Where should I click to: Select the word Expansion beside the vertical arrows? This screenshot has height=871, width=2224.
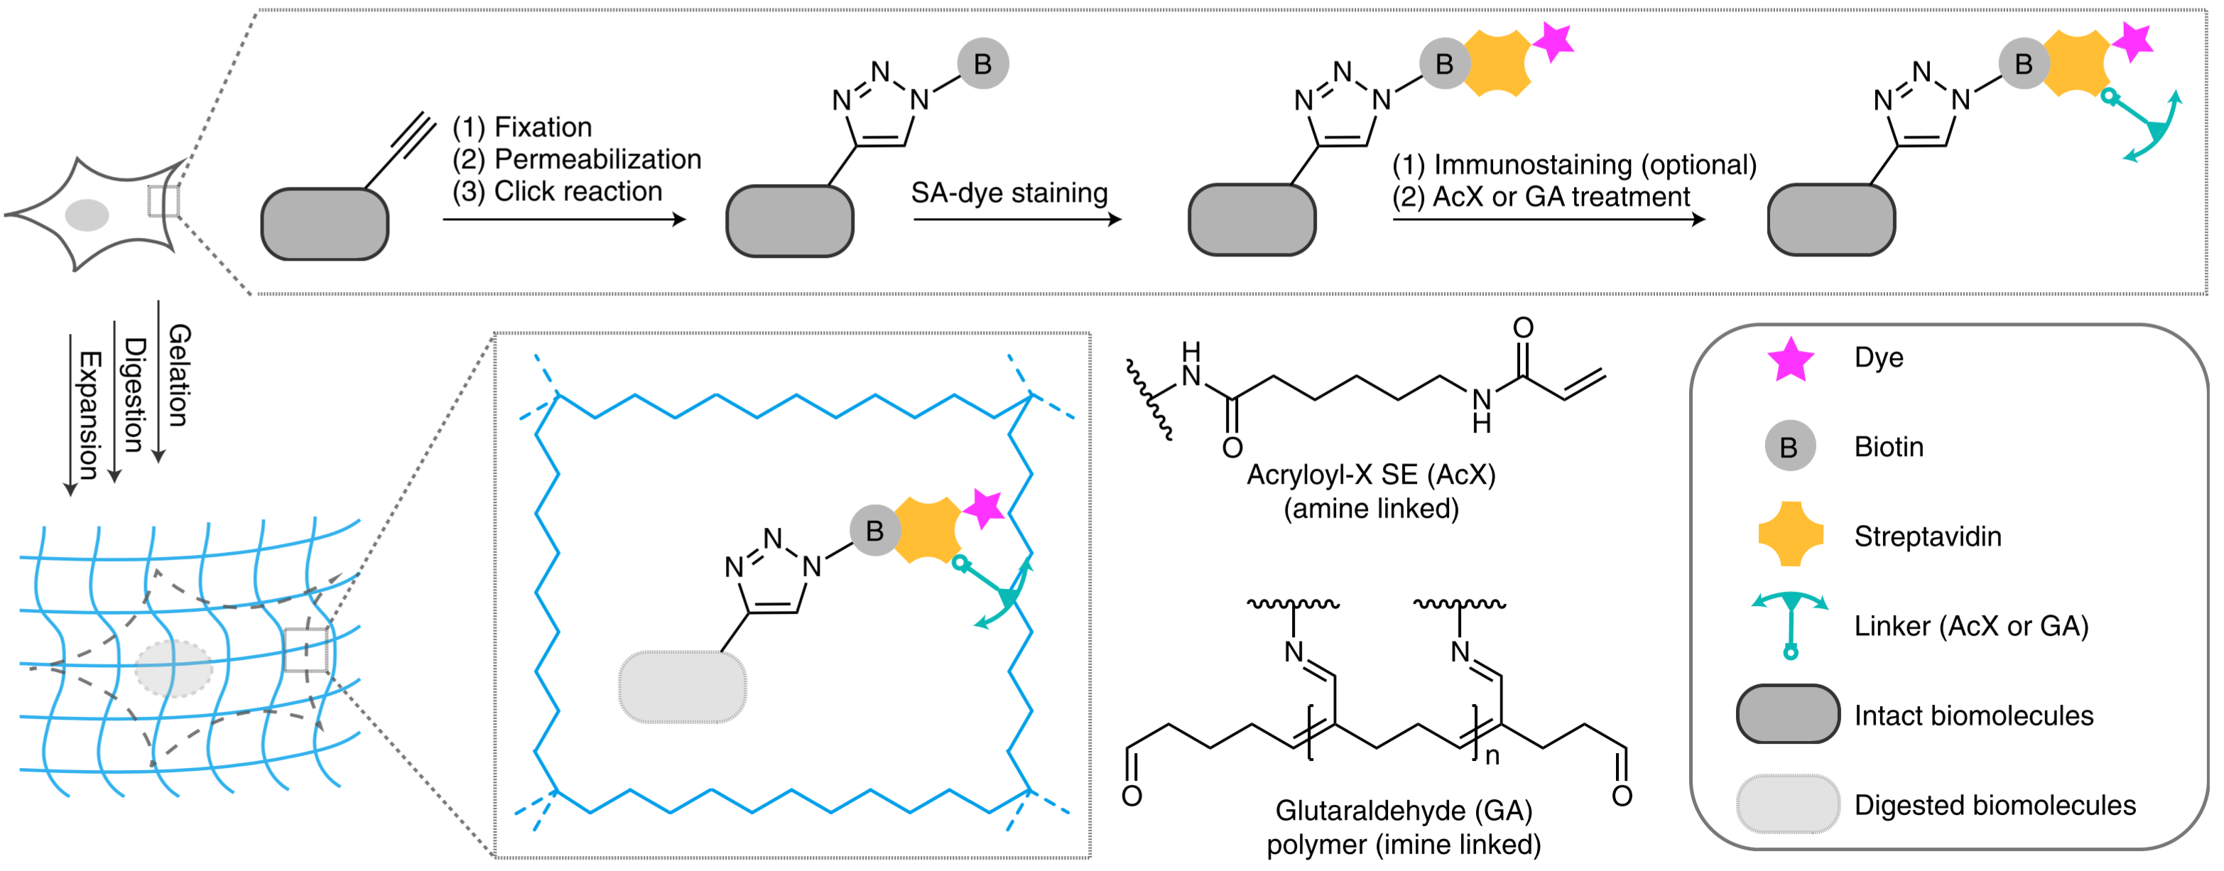pyautogui.click(x=89, y=414)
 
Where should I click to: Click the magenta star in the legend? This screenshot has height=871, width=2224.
pyautogui.click(x=1791, y=359)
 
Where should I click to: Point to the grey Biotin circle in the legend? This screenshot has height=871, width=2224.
pyautogui.click(x=1790, y=446)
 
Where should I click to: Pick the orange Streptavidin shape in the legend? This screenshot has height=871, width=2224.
pyautogui.click(x=1791, y=534)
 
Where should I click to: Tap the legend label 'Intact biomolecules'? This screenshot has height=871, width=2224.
pyautogui.click(x=1974, y=715)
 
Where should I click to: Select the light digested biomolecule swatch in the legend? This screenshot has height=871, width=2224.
pyautogui.click(x=1788, y=804)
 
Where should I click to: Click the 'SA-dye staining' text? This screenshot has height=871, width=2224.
pyautogui.click(x=1009, y=193)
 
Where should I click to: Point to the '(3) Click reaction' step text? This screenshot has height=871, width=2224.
pyautogui.click(x=557, y=191)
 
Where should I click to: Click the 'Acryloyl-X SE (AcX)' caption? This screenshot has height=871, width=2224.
pyautogui.click(x=1371, y=474)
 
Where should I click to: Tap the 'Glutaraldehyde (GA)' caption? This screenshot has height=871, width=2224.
pyautogui.click(x=1404, y=810)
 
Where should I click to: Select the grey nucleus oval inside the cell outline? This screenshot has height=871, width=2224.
pyautogui.click(x=87, y=215)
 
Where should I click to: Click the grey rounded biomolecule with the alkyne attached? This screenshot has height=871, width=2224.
pyautogui.click(x=325, y=224)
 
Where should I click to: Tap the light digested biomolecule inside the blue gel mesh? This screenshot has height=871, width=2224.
pyautogui.click(x=682, y=686)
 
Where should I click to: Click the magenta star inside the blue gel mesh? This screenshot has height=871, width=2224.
pyautogui.click(x=982, y=509)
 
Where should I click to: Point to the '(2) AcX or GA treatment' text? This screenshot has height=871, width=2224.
pyautogui.click(x=1541, y=197)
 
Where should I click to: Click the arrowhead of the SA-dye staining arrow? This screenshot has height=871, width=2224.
pyautogui.click(x=1114, y=220)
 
